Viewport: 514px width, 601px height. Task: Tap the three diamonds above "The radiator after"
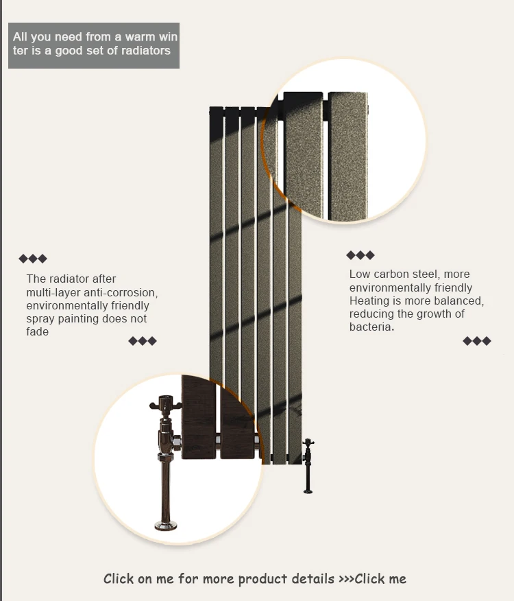pyautogui.click(x=33, y=259)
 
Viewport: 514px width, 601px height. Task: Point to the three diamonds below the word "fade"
pyautogui.click(x=143, y=341)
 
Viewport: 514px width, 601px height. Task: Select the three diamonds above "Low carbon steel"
pyautogui.click(x=360, y=255)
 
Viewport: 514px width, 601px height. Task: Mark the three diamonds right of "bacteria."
pyautogui.click(x=477, y=341)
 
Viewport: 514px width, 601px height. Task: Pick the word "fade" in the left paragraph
pyautogui.click(x=38, y=332)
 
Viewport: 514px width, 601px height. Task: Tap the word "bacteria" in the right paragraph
pyautogui.click(x=370, y=327)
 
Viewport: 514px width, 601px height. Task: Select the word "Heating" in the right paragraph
pyautogui.click(x=369, y=301)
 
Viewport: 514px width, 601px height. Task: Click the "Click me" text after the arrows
pyautogui.click(x=380, y=579)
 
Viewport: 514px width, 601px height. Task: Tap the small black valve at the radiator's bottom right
pyautogui.click(x=308, y=463)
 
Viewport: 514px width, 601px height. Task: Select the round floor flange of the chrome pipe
pyautogui.click(x=165, y=526)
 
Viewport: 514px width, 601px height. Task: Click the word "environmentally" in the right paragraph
pyautogui.click(x=388, y=288)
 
